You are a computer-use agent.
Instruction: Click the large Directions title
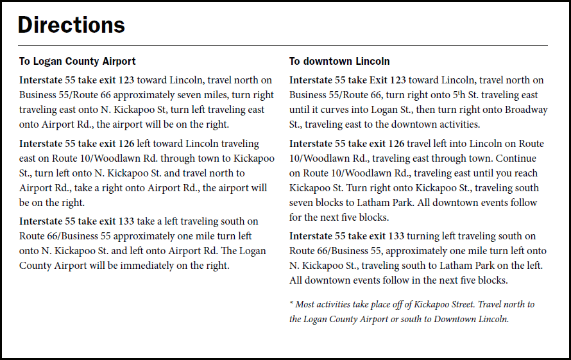pos(71,25)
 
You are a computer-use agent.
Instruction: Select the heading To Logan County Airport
pos(77,62)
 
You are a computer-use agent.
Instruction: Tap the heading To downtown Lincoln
pos(339,62)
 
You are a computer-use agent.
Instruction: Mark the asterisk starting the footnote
pos(291,304)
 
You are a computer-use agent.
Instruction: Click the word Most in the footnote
pos(307,304)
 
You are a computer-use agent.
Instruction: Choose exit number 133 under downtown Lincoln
pos(395,236)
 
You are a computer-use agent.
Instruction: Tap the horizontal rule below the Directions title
pos(282,46)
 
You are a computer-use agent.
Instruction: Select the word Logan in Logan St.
pos(384,110)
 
